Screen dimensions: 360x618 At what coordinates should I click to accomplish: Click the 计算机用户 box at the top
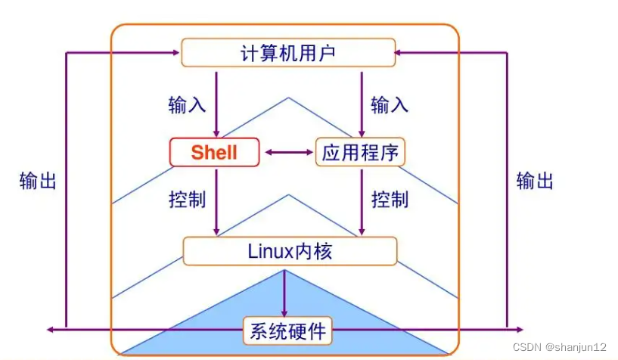pyautogui.click(x=287, y=53)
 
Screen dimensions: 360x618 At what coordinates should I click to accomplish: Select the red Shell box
pyautogui.click(x=214, y=152)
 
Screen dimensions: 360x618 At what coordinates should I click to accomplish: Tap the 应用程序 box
pyautogui.click(x=360, y=153)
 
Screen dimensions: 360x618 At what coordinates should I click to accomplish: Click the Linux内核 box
pyautogui.click(x=290, y=251)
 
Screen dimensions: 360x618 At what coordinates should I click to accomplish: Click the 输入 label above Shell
pyautogui.click(x=187, y=104)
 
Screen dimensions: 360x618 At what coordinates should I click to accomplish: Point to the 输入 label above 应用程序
pyautogui.click(x=390, y=104)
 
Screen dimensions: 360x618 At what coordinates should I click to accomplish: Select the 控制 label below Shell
pyautogui.click(x=187, y=200)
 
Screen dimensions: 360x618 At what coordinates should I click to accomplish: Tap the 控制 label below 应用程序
pyautogui.click(x=390, y=200)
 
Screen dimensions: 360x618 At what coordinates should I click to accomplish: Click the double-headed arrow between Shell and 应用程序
pyautogui.click(x=287, y=153)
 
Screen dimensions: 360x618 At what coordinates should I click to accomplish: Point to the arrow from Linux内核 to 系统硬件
pyautogui.click(x=285, y=291)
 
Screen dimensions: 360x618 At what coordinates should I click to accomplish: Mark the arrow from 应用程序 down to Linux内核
pyautogui.click(x=362, y=201)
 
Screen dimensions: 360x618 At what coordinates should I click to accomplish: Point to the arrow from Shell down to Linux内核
pyautogui.click(x=216, y=201)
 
